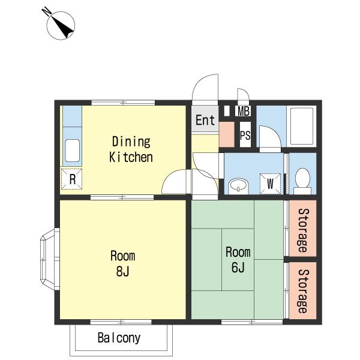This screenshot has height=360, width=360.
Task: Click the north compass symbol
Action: (x=61, y=25)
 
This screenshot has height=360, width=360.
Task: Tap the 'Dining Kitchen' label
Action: (x=131, y=149)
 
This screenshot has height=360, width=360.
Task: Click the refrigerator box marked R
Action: (x=71, y=179)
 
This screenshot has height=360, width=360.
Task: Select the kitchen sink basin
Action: (x=73, y=151)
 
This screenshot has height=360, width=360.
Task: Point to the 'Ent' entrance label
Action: (x=205, y=120)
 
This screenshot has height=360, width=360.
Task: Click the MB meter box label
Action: (x=244, y=111)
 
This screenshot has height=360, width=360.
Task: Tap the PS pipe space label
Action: (x=245, y=135)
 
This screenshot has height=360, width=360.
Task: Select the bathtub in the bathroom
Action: (x=301, y=126)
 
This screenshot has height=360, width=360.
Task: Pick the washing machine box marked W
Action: (x=270, y=184)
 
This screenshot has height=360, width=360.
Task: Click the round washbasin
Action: (x=238, y=185)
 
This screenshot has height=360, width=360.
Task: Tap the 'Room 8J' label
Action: (x=122, y=263)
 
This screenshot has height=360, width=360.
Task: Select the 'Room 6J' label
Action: (x=238, y=260)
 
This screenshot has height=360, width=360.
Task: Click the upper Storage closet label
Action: (x=303, y=230)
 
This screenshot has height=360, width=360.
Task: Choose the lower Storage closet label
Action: (x=303, y=291)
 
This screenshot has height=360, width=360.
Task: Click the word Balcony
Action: (x=119, y=338)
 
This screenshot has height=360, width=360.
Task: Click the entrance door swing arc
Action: (x=200, y=80)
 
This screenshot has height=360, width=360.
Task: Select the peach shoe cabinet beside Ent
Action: (x=227, y=134)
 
